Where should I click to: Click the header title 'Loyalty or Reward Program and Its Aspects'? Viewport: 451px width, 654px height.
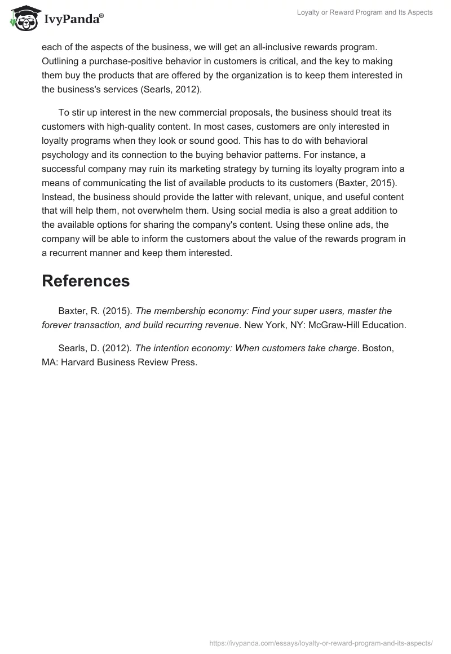pyautogui.click(x=365, y=12)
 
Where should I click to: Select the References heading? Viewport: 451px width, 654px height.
pyautogui.click(x=86, y=281)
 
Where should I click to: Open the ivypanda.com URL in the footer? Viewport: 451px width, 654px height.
pyautogui.click(x=321, y=643)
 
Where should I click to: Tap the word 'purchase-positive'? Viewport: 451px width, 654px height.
pyautogui.click(x=117, y=61)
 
